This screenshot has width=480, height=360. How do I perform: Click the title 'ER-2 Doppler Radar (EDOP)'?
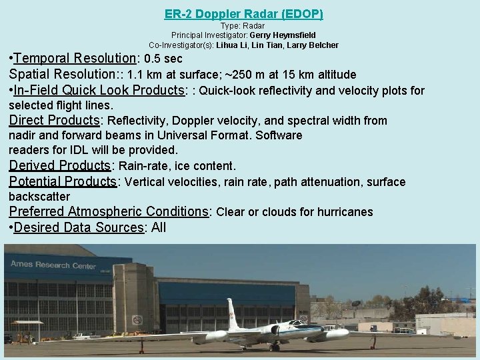(x=243, y=13)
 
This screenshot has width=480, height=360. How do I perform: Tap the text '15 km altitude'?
(x=319, y=75)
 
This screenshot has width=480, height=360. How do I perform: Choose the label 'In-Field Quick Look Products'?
(x=100, y=91)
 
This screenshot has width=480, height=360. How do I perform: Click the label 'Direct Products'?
(x=53, y=121)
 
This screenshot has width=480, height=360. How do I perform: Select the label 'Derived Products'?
(x=59, y=165)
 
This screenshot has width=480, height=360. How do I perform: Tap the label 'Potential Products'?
(x=63, y=181)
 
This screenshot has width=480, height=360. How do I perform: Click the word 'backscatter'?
(x=39, y=197)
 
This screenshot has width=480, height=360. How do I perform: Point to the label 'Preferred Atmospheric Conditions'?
(x=109, y=212)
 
